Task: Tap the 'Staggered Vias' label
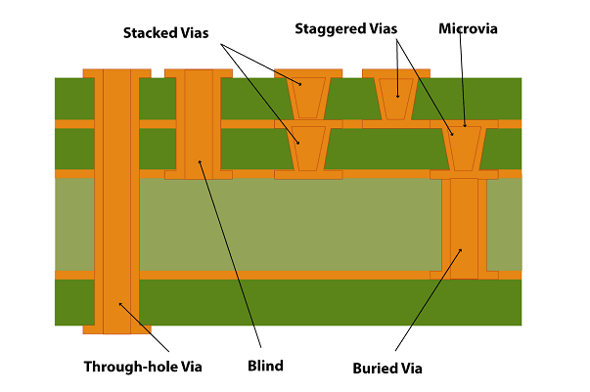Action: point(346,28)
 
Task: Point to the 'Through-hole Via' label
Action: point(143,367)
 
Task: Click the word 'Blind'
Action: point(265,367)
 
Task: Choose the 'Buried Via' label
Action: point(387,369)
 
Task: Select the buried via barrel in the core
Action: point(464,227)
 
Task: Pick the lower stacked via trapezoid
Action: point(307,148)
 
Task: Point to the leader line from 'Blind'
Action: point(231,254)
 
